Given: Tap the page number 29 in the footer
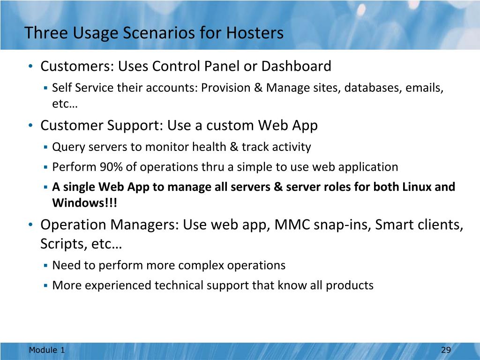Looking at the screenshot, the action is (446, 350).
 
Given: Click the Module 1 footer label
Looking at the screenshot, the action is (47, 350).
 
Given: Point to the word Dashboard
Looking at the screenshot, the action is (296, 66).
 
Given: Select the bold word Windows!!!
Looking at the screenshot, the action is (84, 202).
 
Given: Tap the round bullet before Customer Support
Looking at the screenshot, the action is (30, 125).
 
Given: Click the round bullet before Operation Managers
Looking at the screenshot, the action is (30, 225).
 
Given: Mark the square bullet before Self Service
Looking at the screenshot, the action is (45, 88).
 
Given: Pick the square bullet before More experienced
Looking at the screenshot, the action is (45, 285).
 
